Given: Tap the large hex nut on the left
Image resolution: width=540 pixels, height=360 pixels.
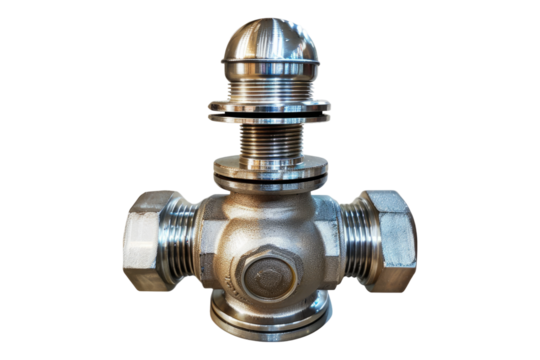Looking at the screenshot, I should point(149,240).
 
